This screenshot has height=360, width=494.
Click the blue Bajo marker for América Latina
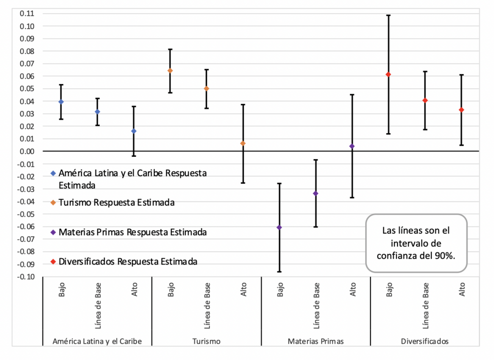pyautogui.click(x=61, y=102)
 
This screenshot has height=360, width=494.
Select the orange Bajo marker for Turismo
pyautogui.click(x=170, y=70)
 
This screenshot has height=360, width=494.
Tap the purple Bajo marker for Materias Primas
pyautogui.click(x=279, y=227)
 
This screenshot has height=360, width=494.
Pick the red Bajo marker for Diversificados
pyautogui.click(x=388, y=74)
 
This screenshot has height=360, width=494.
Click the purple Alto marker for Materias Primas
pyautogui.click(x=352, y=146)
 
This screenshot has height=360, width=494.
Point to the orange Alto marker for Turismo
pyautogui.click(x=243, y=143)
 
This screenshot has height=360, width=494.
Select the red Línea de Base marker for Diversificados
pyautogui.click(x=425, y=100)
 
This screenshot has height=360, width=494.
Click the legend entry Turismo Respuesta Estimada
pyautogui.click(x=116, y=203)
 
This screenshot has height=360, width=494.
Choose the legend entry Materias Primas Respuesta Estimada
pyautogui.click(x=133, y=232)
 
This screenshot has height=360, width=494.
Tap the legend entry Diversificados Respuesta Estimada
pyautogui.click(x=128, y=262)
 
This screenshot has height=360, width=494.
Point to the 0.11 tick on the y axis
pyautogui.click(x=27, y=14)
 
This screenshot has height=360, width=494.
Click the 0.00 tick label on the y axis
pyautogui.click(x=27, y=152)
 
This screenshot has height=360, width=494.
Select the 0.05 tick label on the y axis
pyautogui.click(x=27, y=89)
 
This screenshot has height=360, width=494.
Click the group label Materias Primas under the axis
pyautogui.click(x=316, y=341)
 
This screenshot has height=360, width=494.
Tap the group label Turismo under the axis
pyautogui.click(x=206, y=341)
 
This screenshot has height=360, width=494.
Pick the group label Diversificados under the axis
pyautogui.click(x=425, y=341)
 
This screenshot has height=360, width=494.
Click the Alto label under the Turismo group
pyautogui.click(x=243, y=290)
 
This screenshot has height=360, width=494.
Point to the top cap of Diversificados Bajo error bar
pyautogui.click(x=388, y=15)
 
